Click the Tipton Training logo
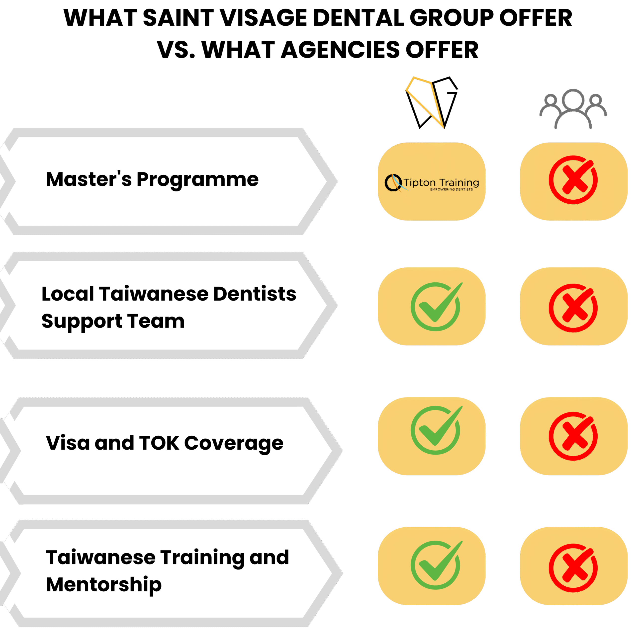432,183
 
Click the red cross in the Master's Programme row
573,180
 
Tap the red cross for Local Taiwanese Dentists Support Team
573,308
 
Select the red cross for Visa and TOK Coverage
573,436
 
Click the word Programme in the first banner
197,180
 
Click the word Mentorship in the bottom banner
104,585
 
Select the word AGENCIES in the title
340,50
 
